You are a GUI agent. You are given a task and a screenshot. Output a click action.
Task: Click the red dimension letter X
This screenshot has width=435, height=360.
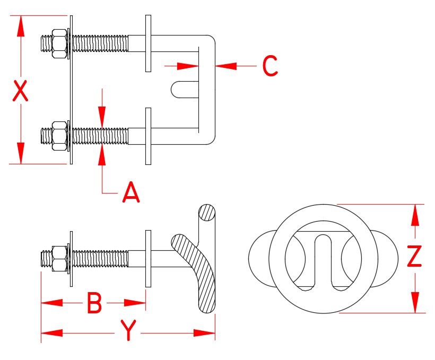[x=20, y=91]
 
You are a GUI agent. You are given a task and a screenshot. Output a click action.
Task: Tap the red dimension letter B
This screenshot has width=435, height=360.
[x=94, y=304]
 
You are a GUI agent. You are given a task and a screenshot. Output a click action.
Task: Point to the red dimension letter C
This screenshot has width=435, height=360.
[x=270, y=66]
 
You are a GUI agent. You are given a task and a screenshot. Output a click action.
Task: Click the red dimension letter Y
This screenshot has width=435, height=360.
[x=128, y=331]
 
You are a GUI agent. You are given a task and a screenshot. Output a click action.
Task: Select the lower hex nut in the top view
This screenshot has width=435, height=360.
[x=59, y=136]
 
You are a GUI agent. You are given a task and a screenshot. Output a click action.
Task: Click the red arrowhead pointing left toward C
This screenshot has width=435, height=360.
[x=226, y=66]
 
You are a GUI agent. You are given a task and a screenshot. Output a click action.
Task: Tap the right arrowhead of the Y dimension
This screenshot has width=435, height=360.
[x=205, y=333]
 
